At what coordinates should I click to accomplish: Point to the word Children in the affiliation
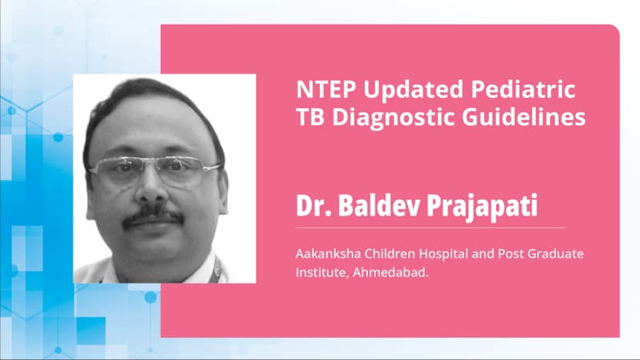[x=390, y=253]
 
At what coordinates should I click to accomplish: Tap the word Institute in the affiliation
[x=318, y=271]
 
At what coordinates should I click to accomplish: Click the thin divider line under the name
[x=430, y=228]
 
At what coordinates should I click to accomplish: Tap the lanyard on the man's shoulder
[x=218, y=270]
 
